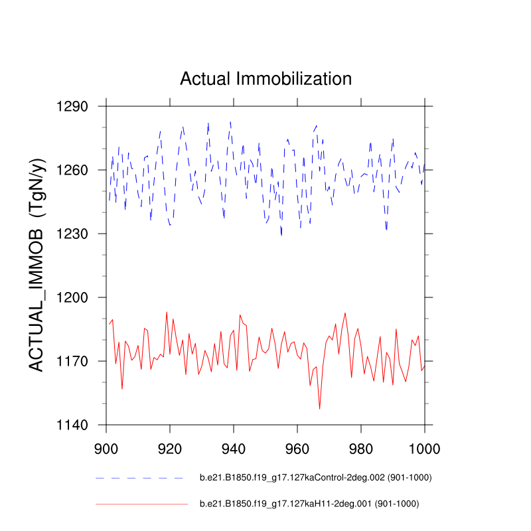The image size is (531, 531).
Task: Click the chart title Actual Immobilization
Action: tap(265, 79)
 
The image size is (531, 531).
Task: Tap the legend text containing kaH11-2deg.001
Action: tap(309, 504)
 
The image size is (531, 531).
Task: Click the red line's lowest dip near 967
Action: tap(319, 408)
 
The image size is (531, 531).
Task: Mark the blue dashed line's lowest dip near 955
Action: tap(281, 235)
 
